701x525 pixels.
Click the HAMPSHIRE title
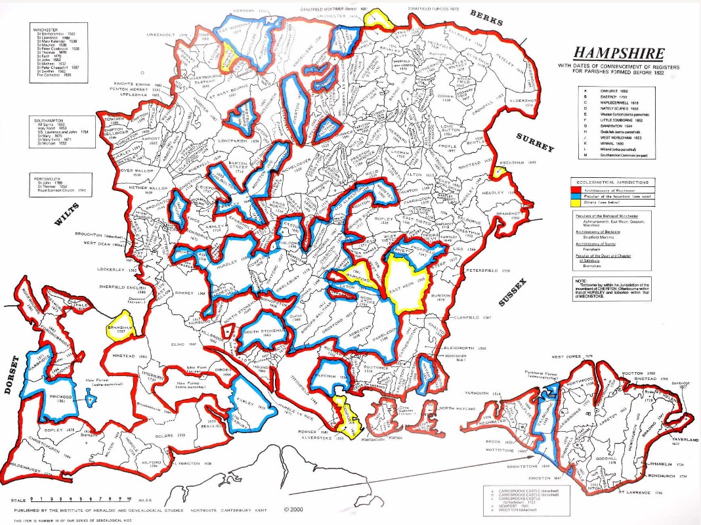(620, 54)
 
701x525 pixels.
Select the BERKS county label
(486, 18)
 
